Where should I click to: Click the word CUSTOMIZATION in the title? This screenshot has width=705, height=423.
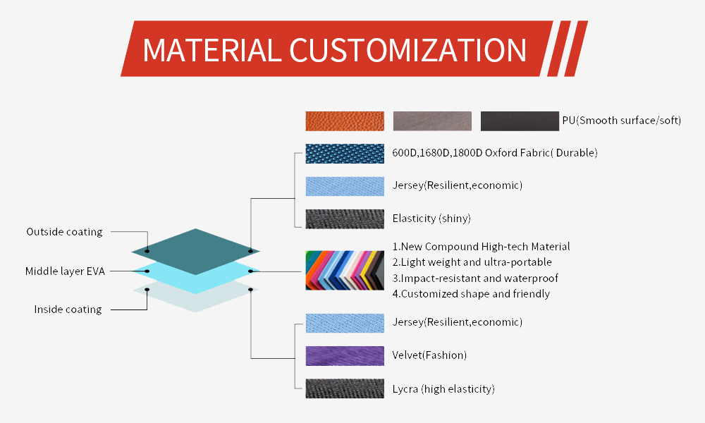407,50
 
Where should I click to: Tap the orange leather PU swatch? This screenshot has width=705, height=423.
345,121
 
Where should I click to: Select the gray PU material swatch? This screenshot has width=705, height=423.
433,121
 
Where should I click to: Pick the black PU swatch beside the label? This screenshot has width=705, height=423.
520,121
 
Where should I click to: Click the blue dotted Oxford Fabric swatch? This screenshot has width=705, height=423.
345,154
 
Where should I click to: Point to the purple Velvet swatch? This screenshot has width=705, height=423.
345,356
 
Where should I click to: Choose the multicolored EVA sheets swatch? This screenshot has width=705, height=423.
345,270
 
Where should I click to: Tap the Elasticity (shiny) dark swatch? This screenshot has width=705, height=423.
345,219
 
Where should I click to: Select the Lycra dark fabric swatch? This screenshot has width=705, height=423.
345,388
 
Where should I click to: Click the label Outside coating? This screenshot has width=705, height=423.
64,232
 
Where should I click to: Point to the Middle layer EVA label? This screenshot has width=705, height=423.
65,271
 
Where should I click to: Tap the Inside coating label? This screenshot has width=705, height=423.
68,309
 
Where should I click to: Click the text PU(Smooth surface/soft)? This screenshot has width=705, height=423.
622,121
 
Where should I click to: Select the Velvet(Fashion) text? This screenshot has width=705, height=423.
429,355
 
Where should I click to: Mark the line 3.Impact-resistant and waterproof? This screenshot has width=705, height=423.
475,278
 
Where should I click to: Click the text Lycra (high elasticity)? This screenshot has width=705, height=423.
443,389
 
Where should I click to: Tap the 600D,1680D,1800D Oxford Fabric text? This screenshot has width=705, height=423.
495,153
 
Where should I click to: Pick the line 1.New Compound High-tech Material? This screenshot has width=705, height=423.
481,247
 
